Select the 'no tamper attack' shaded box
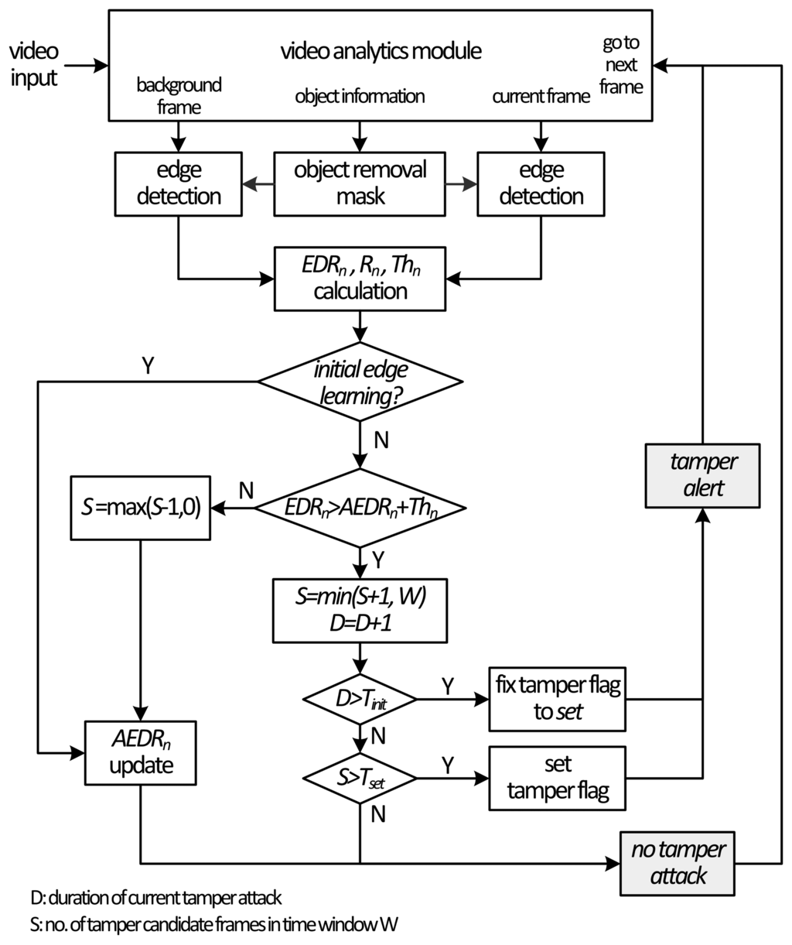pos(678,862)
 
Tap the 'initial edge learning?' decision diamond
pos(360,381)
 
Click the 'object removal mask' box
pos(360,182)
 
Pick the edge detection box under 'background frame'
pos(179,182)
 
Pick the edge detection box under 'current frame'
pos(541,182)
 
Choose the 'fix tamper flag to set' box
pos(557,699)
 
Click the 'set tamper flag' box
pos(557,778)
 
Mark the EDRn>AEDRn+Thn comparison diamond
pos(360,508)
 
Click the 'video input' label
pos(33,64)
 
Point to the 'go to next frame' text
pos(621,65)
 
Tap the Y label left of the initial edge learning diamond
pos(147,365)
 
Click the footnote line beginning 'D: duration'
pos(155,899)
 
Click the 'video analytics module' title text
pos(381,52)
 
